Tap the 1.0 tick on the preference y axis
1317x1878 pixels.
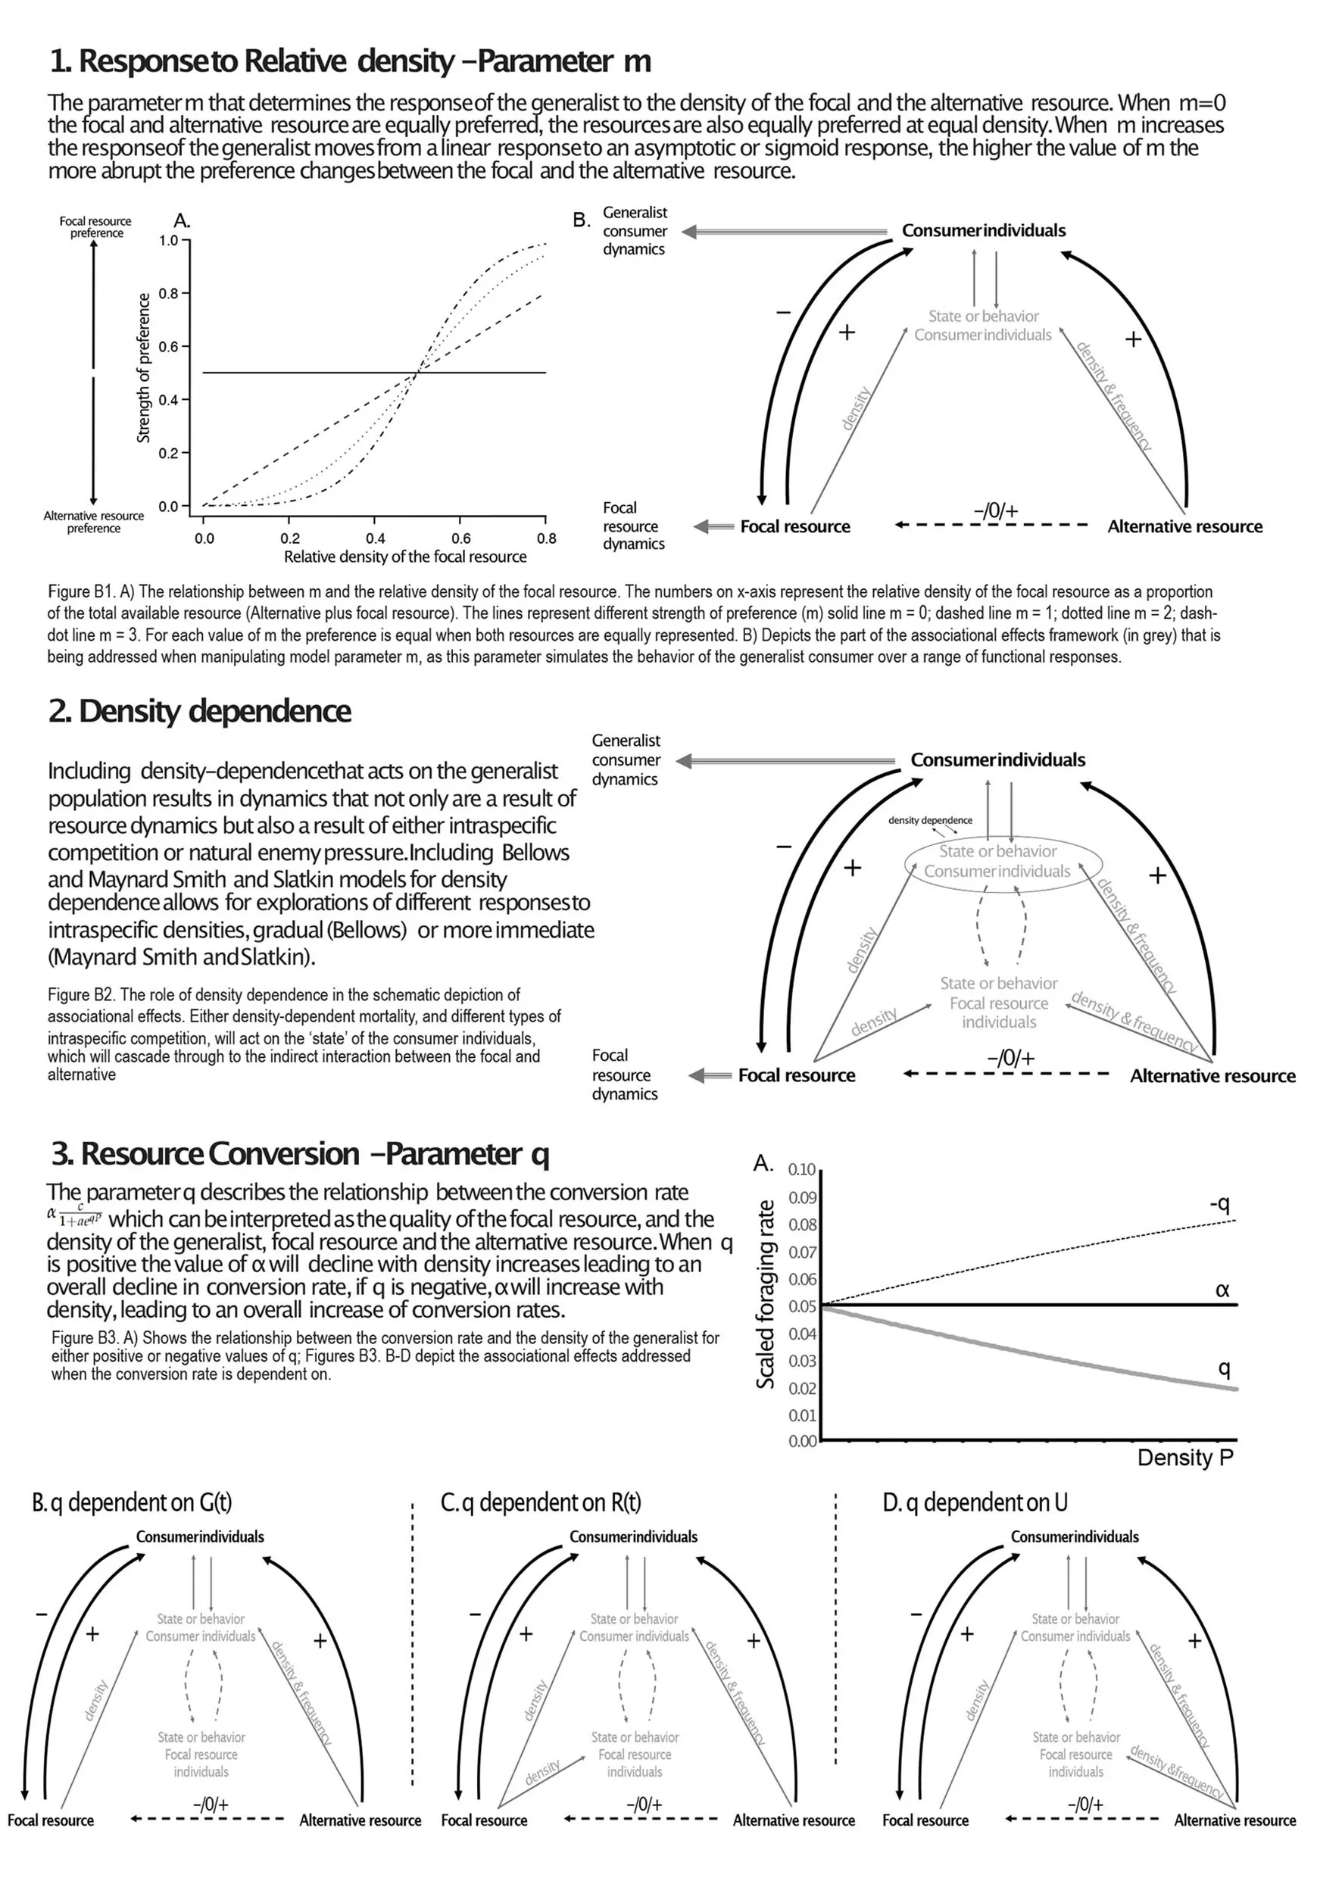click(x=169, y=241)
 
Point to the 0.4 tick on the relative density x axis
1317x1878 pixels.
click(x=376, y=538)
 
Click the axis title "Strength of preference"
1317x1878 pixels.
click(x=144, y=368)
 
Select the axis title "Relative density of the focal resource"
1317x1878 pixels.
click(x=405, y=557)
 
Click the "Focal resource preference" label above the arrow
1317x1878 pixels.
click(x=95, y=227)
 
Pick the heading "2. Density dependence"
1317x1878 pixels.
click(x=200, y=712)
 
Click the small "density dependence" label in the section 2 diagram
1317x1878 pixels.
click(x=930, y=820)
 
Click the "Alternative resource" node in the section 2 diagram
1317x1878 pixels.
click(x=1212, y=1075)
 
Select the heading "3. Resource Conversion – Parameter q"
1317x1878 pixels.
click(x=300, y=1154)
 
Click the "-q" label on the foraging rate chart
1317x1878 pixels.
click(x=1219, y=1203)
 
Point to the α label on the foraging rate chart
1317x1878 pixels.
click(x=1222, y=1290)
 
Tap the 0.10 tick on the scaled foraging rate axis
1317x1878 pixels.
click(x=803, y=1170)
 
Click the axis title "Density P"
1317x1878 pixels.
click(x=1184, y=1458)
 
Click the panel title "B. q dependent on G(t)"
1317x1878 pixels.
click(x=132, y=1502)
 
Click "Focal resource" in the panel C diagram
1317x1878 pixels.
click(x=484, y=1820)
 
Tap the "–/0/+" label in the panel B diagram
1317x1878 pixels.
click(x=211, y=1804)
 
